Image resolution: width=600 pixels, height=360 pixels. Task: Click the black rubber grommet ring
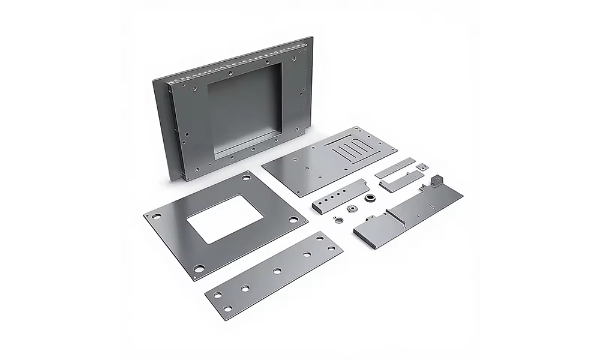(371, 198)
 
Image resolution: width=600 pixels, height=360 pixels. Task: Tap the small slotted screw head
(338, 218)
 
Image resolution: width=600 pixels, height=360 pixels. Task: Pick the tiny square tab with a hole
(423, 165)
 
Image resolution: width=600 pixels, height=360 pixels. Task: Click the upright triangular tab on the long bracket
(436, 179)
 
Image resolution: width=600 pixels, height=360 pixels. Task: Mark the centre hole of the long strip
(277, 271)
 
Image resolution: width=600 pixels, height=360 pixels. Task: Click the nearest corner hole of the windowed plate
(198, 268)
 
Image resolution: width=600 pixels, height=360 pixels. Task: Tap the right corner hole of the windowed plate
(294, 220)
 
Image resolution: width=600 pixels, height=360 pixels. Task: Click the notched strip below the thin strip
(401, 182)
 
